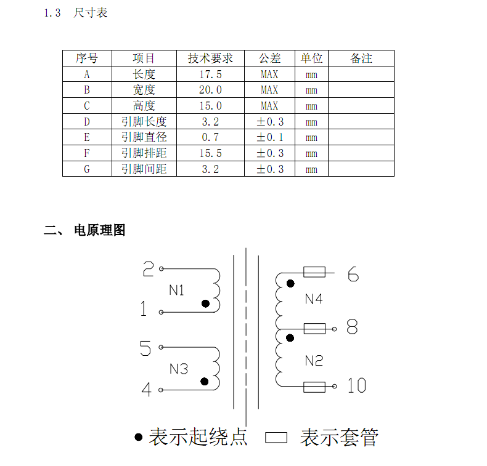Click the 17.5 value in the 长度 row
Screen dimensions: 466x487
point(210,74)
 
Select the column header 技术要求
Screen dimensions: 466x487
point(210,58)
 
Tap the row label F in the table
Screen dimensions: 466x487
point(87,153)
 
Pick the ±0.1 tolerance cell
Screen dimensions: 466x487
point(270,137)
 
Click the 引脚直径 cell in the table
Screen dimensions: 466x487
point(144,137)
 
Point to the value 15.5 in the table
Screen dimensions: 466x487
point(210,153)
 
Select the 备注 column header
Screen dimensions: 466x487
point(361,58)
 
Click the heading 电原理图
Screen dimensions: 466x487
point(99,230)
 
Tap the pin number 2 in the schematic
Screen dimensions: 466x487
point(148,269)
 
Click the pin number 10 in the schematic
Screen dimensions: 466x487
point(356,386)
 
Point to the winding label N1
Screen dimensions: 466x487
point(176,291)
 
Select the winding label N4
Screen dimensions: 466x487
point(314,299)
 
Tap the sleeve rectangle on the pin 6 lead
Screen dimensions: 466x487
point(314,271)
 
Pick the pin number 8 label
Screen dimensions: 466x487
point(352,327)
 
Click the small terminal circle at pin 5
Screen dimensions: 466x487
point(162,347)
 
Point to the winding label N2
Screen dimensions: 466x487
point(314,361)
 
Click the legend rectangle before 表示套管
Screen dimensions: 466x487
point(277,438)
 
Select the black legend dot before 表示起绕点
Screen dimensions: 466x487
point(139,437)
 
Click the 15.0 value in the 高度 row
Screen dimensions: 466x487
point(210,106)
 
